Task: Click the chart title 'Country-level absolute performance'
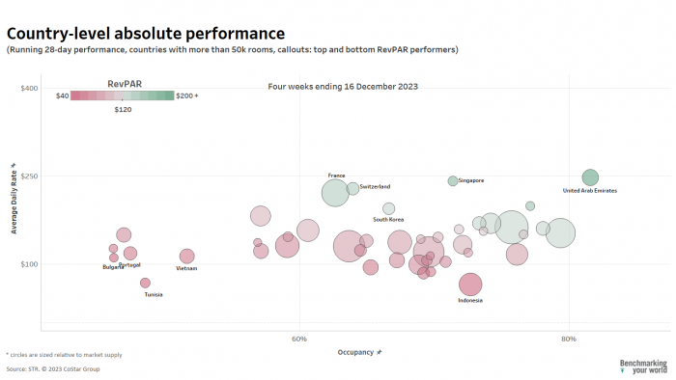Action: click(145, 34)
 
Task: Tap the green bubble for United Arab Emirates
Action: click(590, 177)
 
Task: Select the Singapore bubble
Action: click(453, 180)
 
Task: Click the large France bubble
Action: click(335, 192)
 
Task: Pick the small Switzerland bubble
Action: click(353, 188)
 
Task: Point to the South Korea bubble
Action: click(388, 208)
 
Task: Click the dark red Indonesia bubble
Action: click(470, 285)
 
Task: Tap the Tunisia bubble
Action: click(146, 283)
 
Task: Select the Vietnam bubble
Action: click(186, 256)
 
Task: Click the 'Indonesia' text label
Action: click(470, 300)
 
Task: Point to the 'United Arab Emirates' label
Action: click(589, 191)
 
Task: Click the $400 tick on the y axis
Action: click(29, 88)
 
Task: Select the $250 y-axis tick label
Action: click(29, 176)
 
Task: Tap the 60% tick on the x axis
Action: click(299, 339)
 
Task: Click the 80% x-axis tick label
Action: click(569, 339)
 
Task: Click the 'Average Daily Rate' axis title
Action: click(14, 199)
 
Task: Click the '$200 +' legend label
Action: click(186, 95)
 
